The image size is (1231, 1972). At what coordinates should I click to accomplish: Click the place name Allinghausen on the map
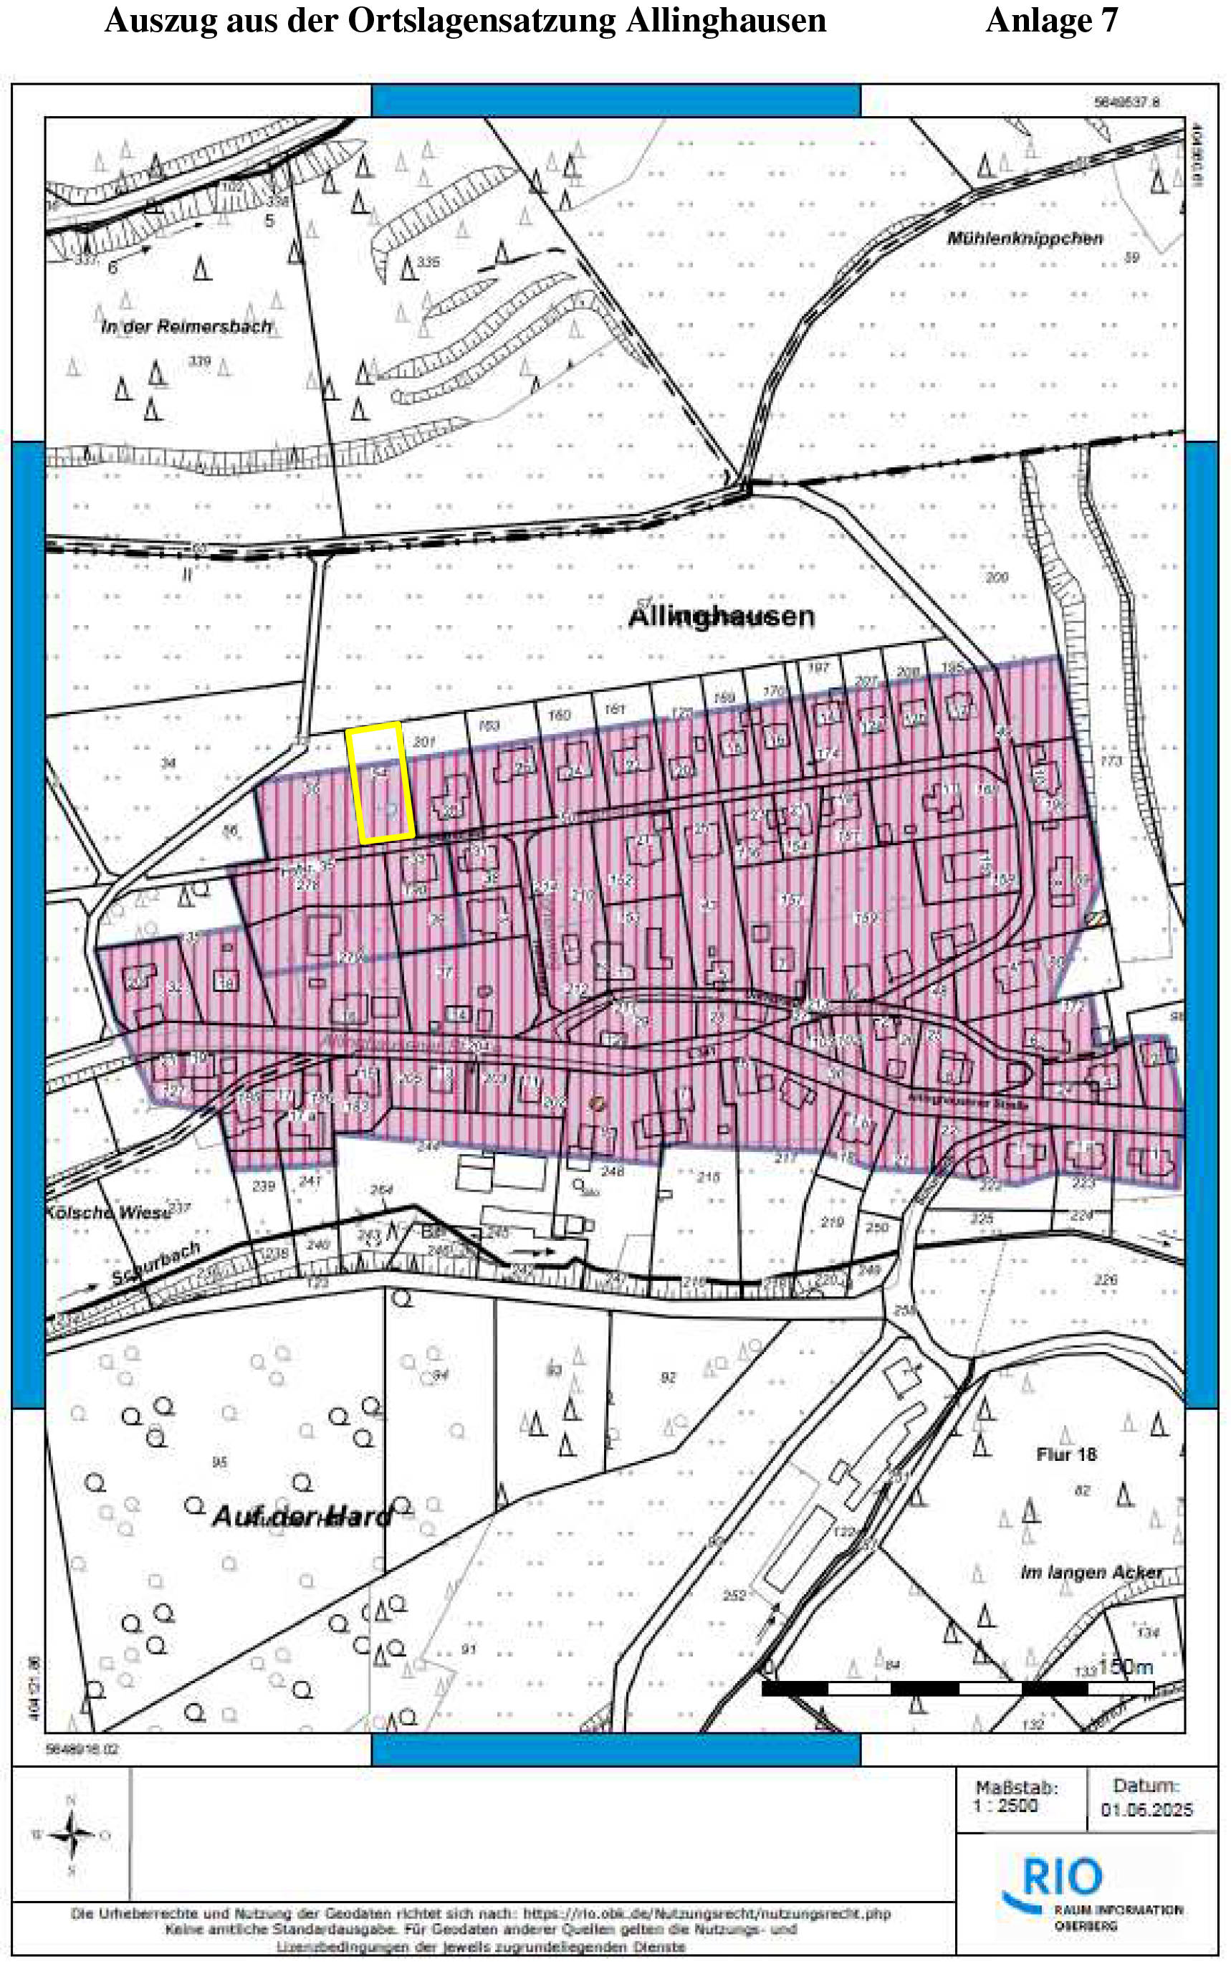tap(722, 616)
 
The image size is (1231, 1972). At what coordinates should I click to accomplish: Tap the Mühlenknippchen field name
tap(1024, 239)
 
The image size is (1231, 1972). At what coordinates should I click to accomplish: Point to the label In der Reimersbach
tap(186, 327)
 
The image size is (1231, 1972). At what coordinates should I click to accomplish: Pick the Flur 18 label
tap(1065, 1454)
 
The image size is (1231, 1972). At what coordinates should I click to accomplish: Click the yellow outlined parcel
tap(380, 782)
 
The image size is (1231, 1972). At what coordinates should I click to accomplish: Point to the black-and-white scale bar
tap(957, 1689)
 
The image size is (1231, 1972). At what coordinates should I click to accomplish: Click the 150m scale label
tap(1125, 1667)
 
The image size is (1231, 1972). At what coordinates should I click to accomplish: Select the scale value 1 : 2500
tap(1006, 1806)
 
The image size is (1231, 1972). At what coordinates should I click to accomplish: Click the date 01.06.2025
tap(1146, 1809)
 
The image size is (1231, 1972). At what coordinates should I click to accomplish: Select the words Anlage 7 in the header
tap(1052, 20)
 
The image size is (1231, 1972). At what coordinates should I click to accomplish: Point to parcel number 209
tap(997, 578)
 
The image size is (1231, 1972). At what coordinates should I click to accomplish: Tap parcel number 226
tap(1105, 1280)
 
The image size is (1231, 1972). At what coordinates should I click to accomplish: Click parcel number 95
tap(220, 1462)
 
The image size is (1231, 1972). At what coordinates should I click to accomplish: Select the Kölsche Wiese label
tap(107, 1212)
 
